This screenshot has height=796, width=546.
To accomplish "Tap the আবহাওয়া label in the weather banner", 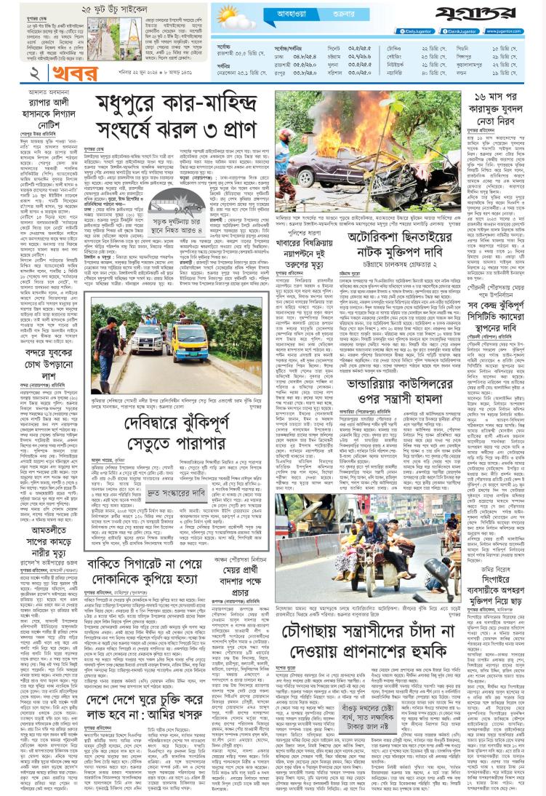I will click(x=294, y=13).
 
